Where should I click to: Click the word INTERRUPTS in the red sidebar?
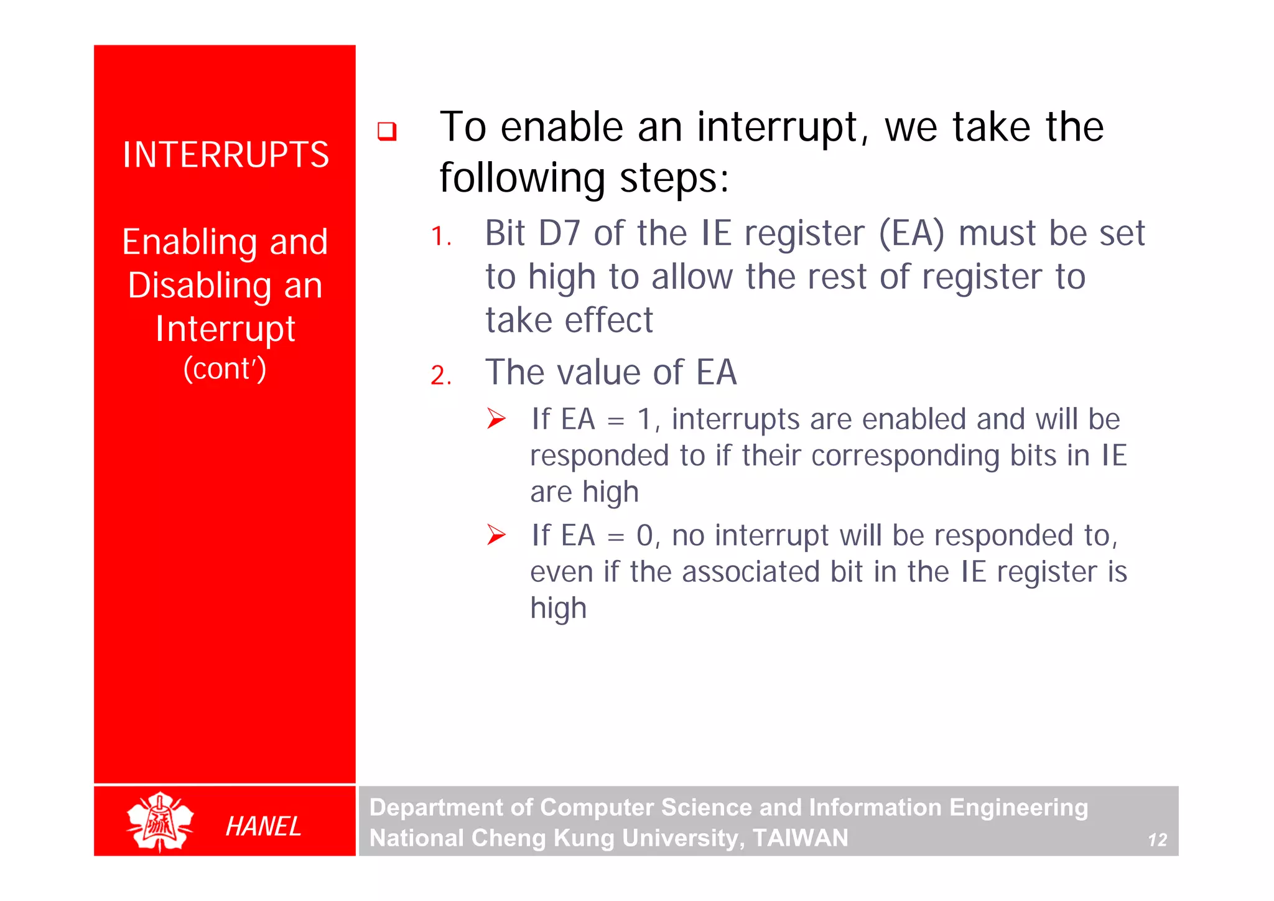click(x=225, y=155)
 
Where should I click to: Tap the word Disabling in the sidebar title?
click(x=199, y=286)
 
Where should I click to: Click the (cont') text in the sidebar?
click(x=225, y=369)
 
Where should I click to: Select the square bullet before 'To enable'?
click(x=387, y=131)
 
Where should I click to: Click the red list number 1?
click(x=440, y=236)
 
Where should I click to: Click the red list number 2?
click(x=440, y=375)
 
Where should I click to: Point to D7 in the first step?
click(x=559, y=234)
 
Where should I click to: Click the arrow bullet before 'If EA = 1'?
click(x=496, y=418)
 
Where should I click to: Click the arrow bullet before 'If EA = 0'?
click(x=496, y=535)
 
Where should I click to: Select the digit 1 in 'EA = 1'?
click(x=644, y=419)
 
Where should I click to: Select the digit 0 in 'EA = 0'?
click(x=644, y=536)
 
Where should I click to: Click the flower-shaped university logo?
click(x=160, y=821)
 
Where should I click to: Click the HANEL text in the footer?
click(x=263, y=826)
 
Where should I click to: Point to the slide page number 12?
click(x=1157, y=840)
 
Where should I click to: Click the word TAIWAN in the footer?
click(x=800, y=838)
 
